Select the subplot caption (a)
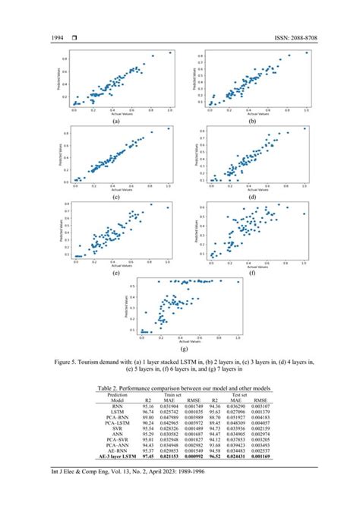click(115, 121)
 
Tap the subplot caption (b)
click(245, 121)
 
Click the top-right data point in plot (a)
click(171, 52)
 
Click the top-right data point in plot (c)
click(169, 129)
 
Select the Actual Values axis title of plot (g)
click(180, 339)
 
